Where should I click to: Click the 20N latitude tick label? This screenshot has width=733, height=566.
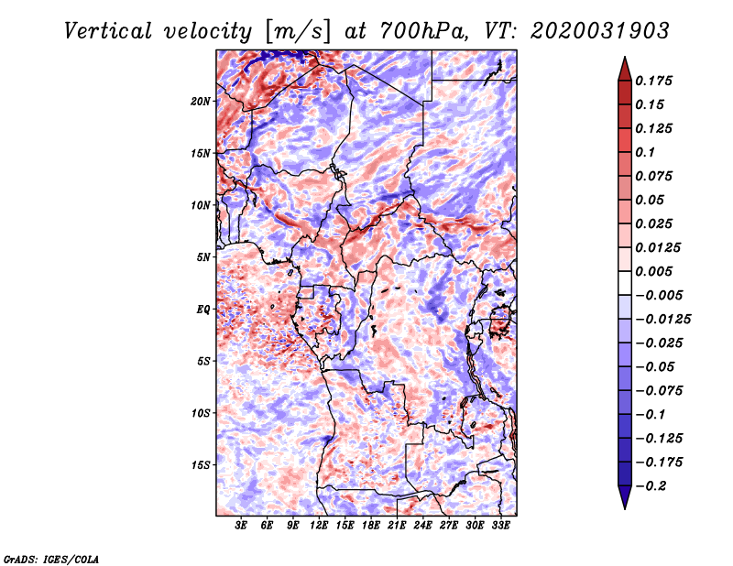click(x=200, y=102)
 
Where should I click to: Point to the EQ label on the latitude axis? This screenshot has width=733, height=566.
click(x=202, y=310)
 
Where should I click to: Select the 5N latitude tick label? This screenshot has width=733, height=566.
click(x=203, y=257)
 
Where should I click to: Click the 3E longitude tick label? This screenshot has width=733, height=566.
click(x=241, y=526)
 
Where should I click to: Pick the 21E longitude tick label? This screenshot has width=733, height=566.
click(x=397, y=526)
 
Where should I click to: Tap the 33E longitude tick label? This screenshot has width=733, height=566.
click(x=500, y=526)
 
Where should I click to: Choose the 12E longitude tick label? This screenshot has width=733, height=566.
click(x=318, y=526)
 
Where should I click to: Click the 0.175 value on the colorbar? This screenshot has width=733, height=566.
click(x=653, y=81)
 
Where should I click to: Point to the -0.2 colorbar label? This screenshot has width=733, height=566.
click(x=651, y=486)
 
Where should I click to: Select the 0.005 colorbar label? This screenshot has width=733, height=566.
click(x=653, y=271)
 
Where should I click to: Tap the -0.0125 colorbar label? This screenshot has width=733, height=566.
click(x=662, y=320)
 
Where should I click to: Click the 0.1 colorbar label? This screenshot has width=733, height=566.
click(x=645, y=152)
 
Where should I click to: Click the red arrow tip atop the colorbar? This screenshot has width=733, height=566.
click(x=625, y=58)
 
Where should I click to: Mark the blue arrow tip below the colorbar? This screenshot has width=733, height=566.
click(x=625, y=508)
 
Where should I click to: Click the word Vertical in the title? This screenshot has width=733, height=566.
click(x=108, y=31)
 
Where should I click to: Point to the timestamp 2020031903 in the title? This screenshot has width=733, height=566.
click(x=600, y=31)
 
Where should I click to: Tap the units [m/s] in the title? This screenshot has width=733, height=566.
click(x=298, y=32)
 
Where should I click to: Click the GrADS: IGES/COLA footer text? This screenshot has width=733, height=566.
click(x=51, y=559)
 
